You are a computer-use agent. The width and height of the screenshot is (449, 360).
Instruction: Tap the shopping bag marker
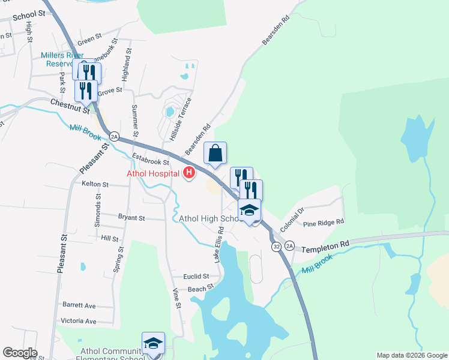pyautogui.click(x=215, y=154)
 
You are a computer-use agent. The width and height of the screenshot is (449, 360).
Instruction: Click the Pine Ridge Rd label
pyautogui.click(x=323, y=222)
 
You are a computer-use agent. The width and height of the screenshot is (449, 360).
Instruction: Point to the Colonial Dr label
pyautogui.click(x=293, y=220)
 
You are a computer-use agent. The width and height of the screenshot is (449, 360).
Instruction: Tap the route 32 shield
pyautogui.click(x=276, y=247)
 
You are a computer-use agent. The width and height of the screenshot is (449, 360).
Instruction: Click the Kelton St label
pyautogui.click(x=95, y=184)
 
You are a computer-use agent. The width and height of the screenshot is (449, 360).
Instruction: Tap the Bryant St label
pyautogui.click(x=132, y=216)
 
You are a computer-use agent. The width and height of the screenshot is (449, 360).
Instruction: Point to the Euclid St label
pyautogui.click(x=197, y=277)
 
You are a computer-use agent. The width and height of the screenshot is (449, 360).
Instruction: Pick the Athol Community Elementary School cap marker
pyautogui.click(x=153, y=343)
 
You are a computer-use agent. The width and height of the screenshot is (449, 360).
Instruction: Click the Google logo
pyautogui.click(x=20, y=353)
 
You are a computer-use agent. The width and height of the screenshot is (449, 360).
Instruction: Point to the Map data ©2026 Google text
pyautogui.click(x=411, y=355)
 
